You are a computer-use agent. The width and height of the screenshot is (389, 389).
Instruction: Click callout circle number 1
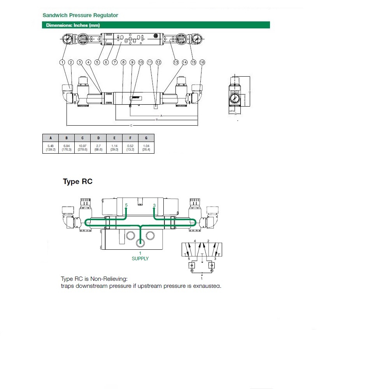point(62,62)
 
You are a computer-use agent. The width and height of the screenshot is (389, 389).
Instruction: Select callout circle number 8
point(123,62)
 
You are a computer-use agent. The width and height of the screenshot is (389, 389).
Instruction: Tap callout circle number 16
point(202,62)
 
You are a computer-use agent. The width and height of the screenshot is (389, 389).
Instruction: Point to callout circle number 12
point(158,62)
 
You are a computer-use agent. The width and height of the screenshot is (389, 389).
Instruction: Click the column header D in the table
point(98,138)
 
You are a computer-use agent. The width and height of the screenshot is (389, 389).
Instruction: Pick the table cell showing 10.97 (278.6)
point(82,147)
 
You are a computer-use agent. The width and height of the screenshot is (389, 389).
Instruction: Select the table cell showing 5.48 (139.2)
point(50,147)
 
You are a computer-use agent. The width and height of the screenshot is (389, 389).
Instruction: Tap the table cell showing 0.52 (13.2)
point(130,147)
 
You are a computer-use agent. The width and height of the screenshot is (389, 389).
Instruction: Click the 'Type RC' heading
point(77,182)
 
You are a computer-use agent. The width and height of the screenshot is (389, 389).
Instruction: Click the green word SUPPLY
point(140,259)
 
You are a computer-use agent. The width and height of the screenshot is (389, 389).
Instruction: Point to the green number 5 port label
point(126,205)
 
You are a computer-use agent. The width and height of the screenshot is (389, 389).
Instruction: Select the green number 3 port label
point(154,205)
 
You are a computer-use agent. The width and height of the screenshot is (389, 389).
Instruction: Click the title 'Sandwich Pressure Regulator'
point(80,15)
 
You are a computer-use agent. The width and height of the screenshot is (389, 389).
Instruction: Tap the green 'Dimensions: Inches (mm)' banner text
point(73,25)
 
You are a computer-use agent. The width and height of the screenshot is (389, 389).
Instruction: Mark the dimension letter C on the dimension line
point(131,126)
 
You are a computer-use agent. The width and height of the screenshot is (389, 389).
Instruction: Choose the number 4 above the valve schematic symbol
point(194,241)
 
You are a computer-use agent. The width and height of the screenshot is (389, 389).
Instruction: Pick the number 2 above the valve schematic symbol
point(209,241)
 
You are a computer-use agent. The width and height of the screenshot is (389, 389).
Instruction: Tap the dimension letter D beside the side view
point(249,92)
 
